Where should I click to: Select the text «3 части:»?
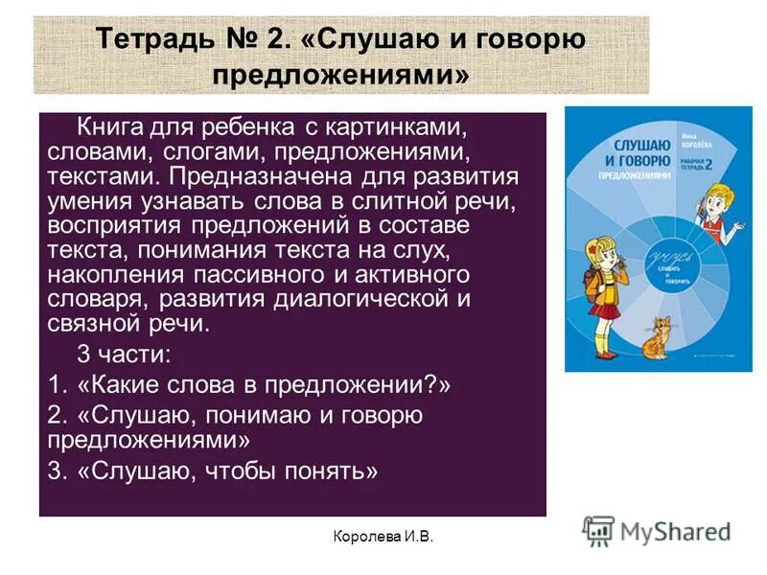[x=124, y=354]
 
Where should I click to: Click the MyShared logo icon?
[x=598, y=530]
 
